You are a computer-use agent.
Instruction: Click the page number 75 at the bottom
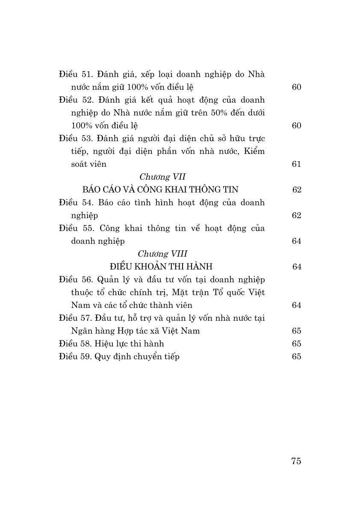click(296, 461)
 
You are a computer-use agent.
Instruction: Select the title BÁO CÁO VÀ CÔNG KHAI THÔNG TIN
click(161, 189)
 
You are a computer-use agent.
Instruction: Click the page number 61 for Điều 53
click(296, 164)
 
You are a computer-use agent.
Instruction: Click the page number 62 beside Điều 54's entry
click(296, 215)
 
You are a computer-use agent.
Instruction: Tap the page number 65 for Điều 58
click(296, 343)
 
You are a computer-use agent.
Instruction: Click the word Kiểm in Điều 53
click(254, 151)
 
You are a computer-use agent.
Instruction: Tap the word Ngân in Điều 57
click(83, 331)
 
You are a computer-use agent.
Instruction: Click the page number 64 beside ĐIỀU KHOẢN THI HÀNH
click(297, 266)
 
